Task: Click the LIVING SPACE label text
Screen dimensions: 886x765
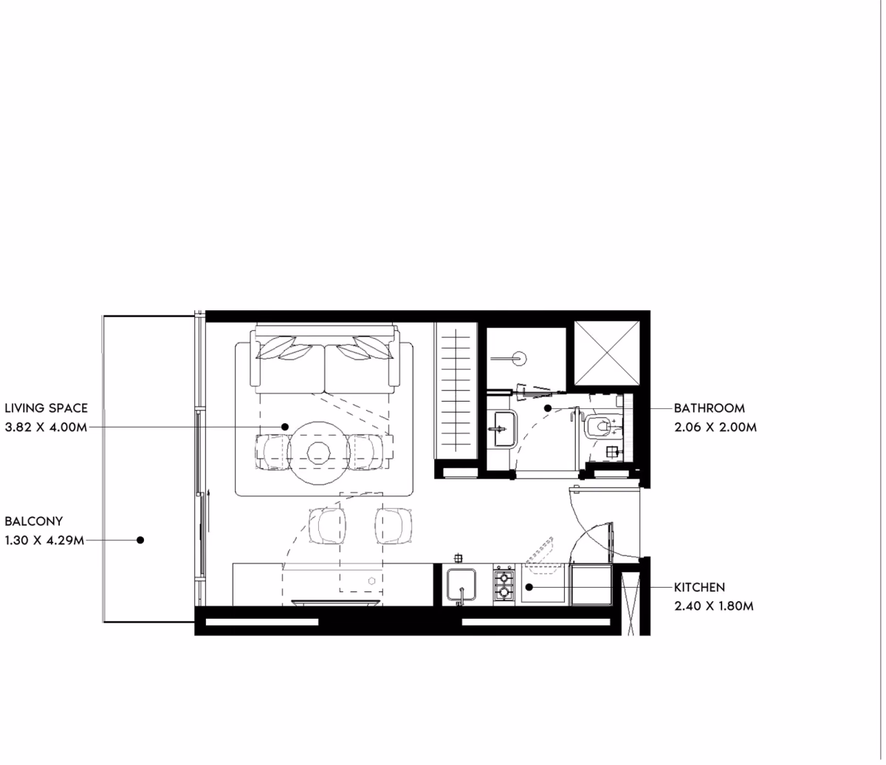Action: click(x=47, y=408)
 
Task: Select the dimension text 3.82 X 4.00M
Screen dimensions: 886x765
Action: click(x=46, y=427)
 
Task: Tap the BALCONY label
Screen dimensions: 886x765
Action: click(x=34, y=521)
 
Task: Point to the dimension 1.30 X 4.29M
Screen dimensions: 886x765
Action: click(x=44, y=541)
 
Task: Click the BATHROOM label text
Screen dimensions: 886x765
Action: click(x=710, y=408)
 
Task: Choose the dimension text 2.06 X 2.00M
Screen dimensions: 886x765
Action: click(x=715, y=427)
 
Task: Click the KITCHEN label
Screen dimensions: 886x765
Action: click(x=699, y=587)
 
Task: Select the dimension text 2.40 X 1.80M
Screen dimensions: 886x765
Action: click(x=714, y=606)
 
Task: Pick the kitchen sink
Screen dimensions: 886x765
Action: click(x=461, y=586)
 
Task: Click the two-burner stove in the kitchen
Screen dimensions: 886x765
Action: click(x=504, y=585)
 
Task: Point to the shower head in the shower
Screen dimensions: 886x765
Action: click(x=520, y=358)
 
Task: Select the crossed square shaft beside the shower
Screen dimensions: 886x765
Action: click(x=606, y=353)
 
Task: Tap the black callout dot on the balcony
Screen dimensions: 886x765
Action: click(x=140, y=541)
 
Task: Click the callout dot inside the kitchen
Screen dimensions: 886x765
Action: click(x=529, y=587)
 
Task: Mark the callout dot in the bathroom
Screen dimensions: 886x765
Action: click(x=548, y=408)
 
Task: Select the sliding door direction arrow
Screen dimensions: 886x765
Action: click(x=209, y=510)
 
